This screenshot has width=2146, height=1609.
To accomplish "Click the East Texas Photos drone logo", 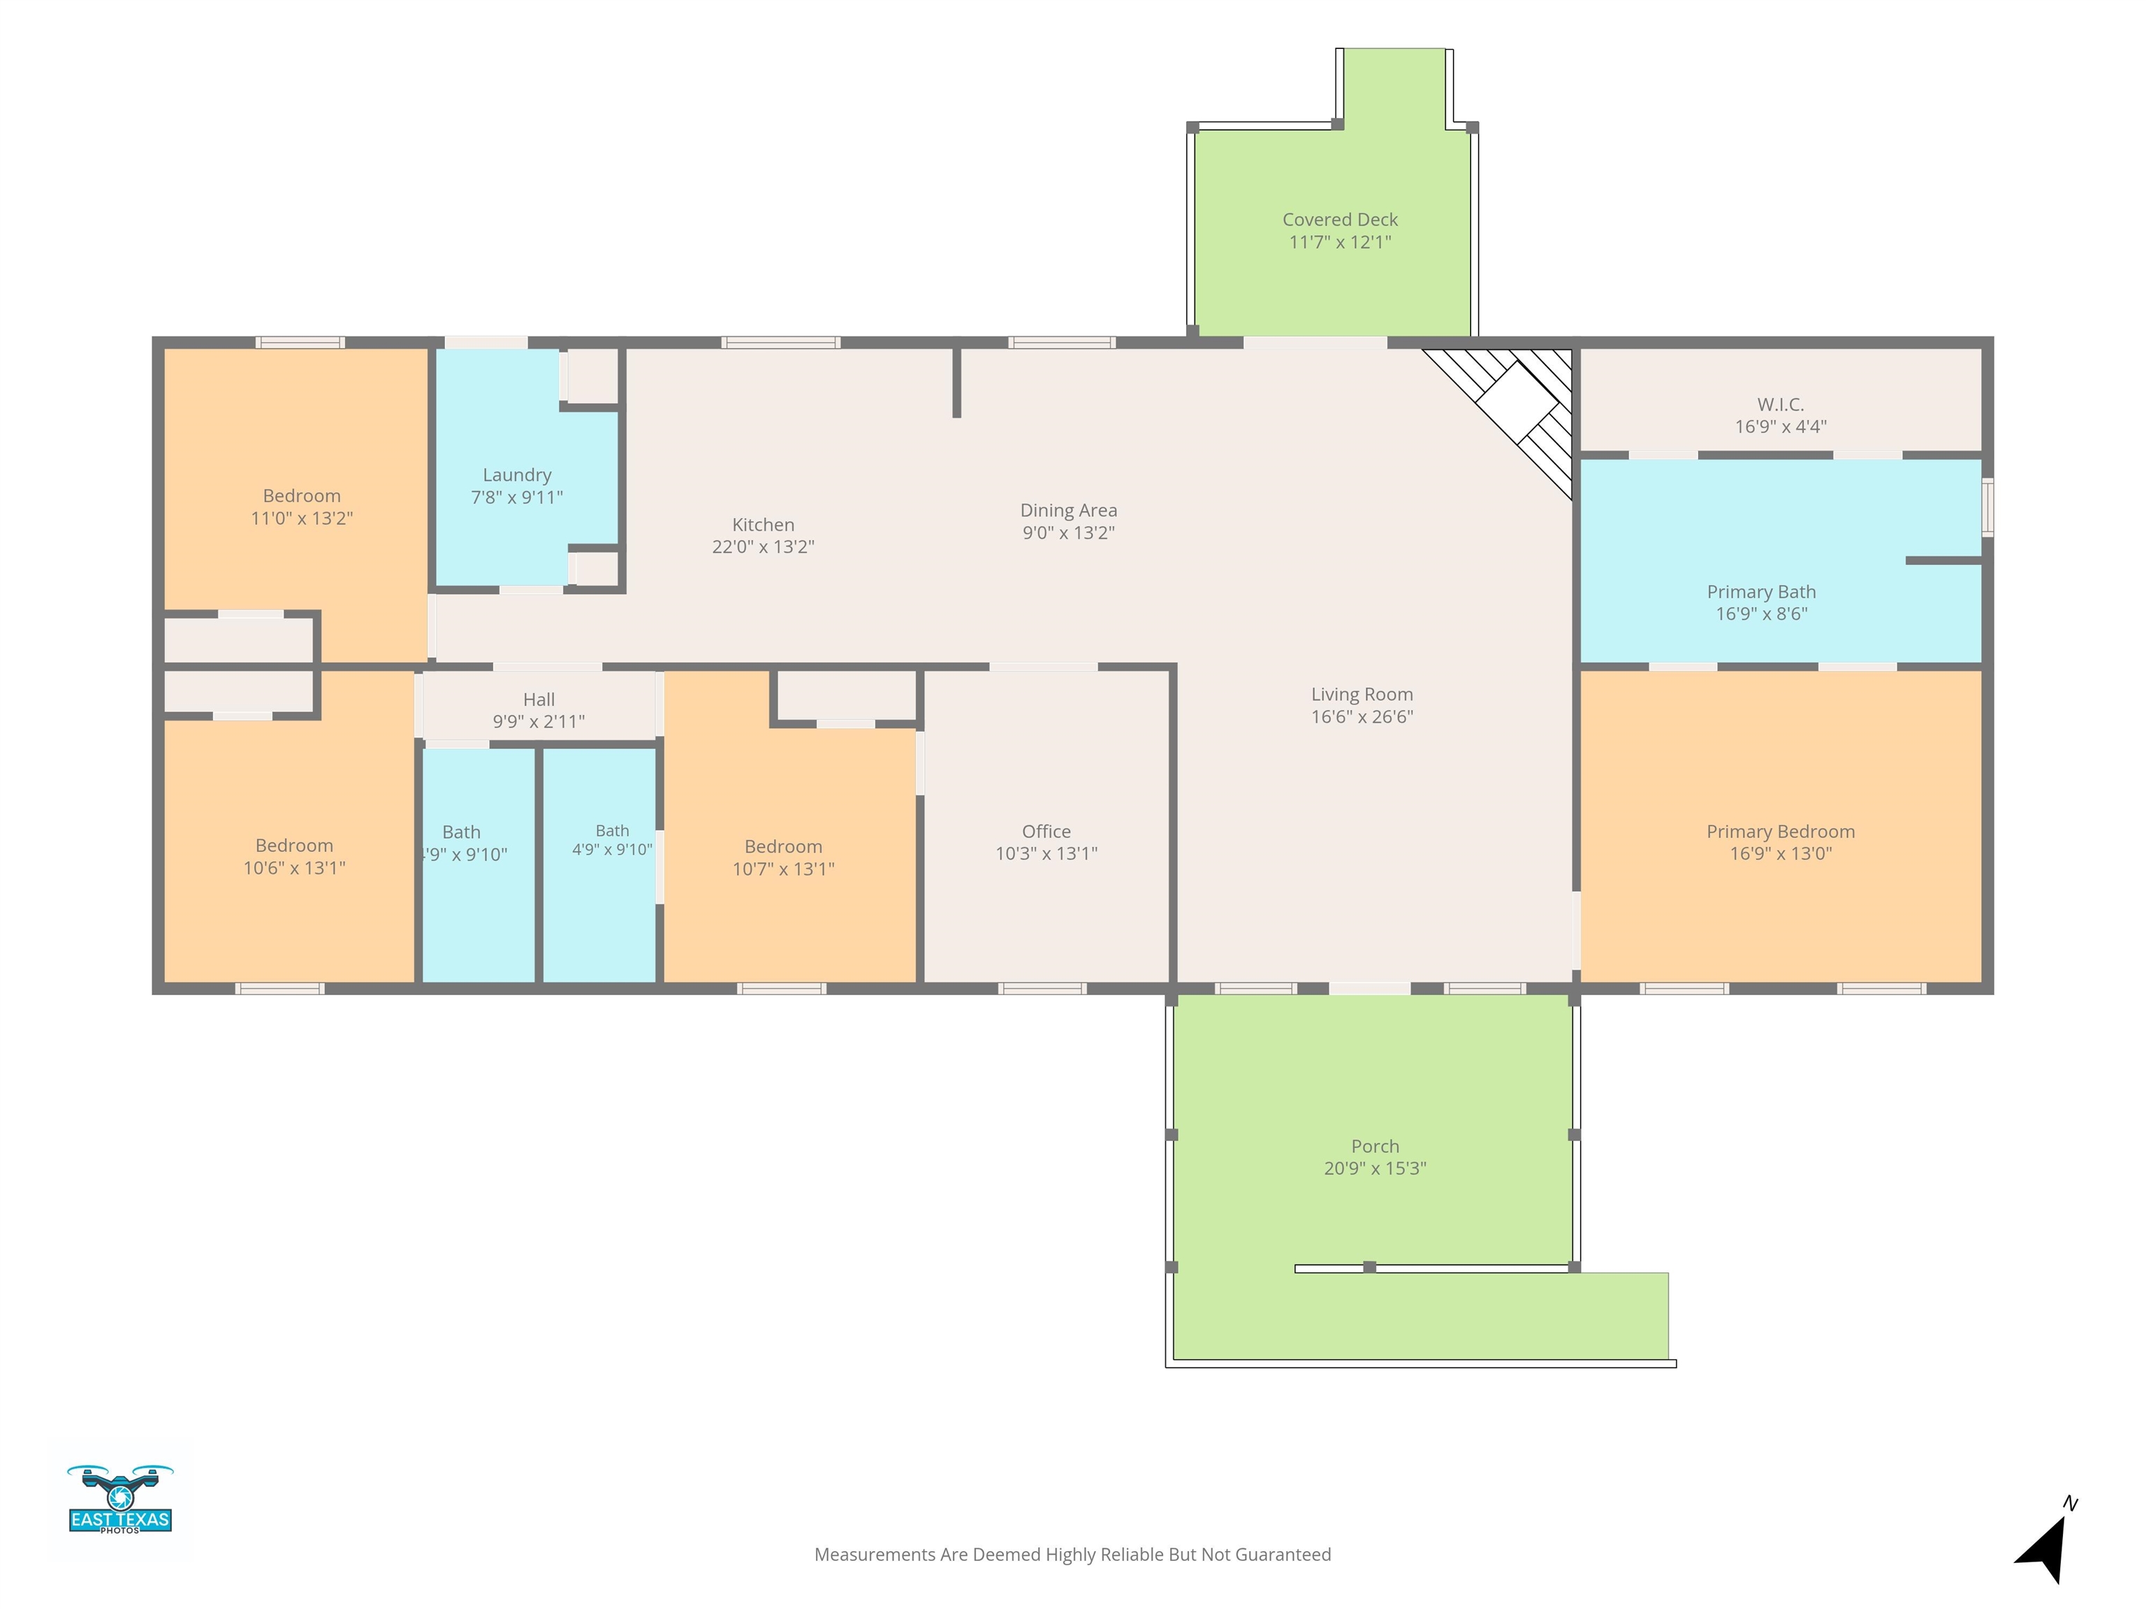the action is click(x=119, y=1499).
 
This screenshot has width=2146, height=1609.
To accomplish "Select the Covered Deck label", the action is click(x=1340, y=220).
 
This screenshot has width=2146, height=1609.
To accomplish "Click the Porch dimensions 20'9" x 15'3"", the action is click(x=1375, y=1168).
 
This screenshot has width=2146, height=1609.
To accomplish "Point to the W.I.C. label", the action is click(x=1780, y=404).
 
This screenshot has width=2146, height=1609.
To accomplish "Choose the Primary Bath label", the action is click(x=1761, y=592).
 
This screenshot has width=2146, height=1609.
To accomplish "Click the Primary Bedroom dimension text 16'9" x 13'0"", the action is click(x=1780, y=853).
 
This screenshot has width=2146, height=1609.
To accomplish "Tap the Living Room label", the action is click(x=1362, y=694).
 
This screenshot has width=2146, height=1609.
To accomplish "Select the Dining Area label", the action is click(x=1068, y=510).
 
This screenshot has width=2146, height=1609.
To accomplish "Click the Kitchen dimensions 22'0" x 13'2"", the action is click(x=763, y=547).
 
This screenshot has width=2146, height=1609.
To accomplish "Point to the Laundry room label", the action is click(x=517, y=476).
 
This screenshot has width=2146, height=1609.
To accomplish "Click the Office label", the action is click(x=1046, y=831).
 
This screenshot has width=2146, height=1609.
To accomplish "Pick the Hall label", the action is click(x=539, y=699).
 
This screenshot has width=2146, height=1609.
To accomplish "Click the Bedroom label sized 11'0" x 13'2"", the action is click(x=302, y=496).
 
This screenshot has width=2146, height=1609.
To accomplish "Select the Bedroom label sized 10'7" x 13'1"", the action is click(x=783, y=846).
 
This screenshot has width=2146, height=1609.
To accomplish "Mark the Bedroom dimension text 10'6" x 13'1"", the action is click(x=294, y=868).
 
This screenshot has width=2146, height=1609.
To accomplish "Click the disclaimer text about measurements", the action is click(x=1072, y=1555).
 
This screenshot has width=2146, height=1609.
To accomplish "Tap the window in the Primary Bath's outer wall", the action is click(x=1987, y=507).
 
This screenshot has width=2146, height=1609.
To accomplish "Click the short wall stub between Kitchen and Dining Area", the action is click(x=956, y=382).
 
